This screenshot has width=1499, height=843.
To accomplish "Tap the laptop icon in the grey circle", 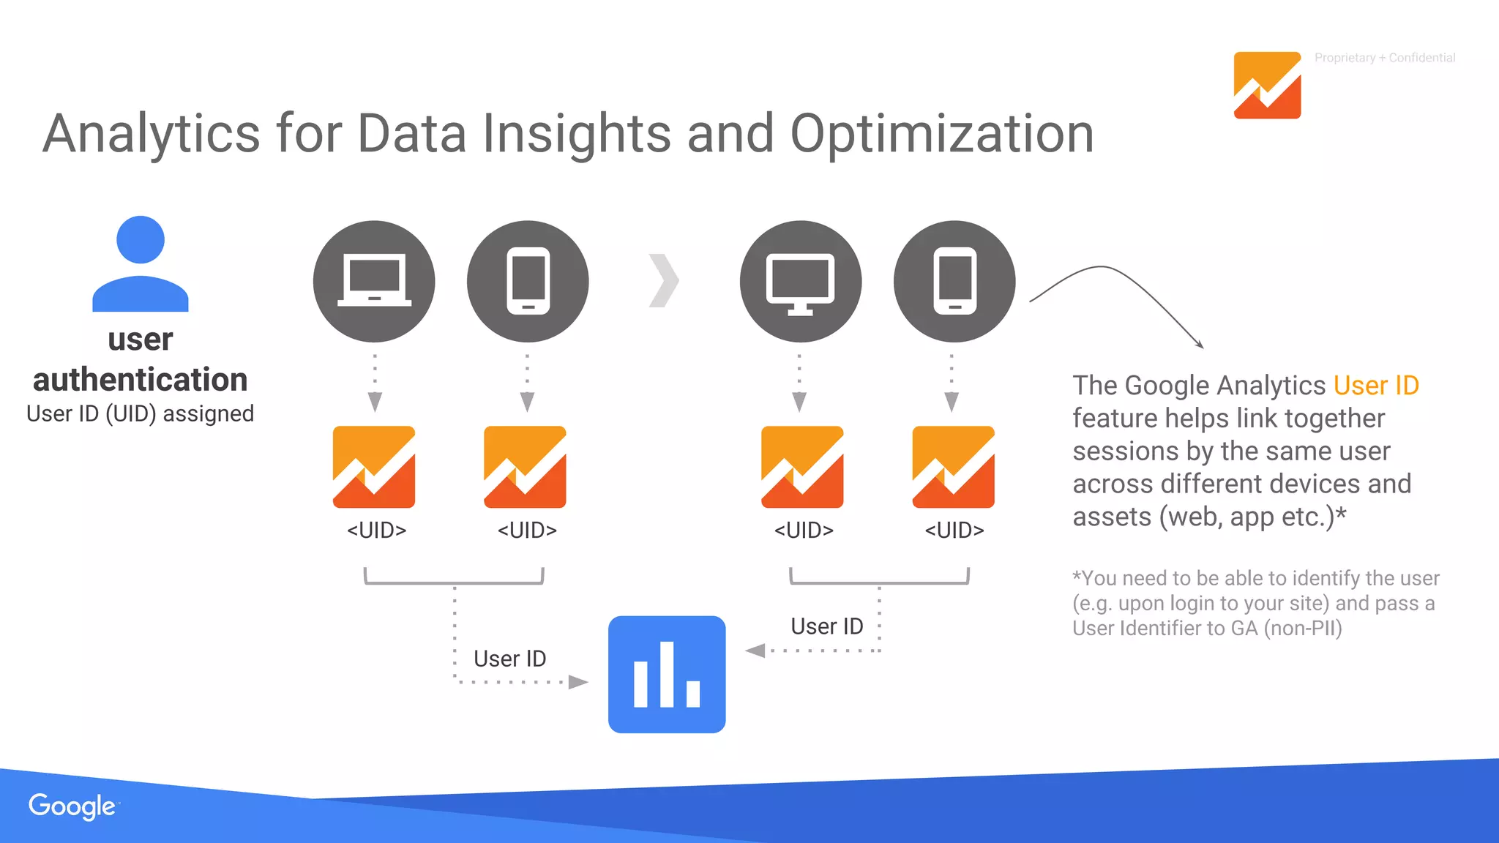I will point(374,281).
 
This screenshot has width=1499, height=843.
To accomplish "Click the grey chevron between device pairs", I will point(664,280).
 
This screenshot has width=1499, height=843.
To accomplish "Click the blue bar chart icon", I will point(667,674).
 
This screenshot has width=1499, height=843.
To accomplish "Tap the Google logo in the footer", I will point(72,806).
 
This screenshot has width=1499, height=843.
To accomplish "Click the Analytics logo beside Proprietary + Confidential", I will point(1267,85).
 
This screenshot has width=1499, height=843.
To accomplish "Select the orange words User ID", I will point(1376,385).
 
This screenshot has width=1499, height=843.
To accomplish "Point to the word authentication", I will point(140,380).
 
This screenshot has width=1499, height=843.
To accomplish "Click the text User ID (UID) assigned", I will point(140,413).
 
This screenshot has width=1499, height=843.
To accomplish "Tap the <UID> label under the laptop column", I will point(376,530).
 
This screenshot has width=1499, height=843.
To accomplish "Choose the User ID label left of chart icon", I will point(509,659).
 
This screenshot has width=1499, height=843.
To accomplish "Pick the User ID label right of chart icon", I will point(826,626).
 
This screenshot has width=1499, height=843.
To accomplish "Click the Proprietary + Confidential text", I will point(1384,58).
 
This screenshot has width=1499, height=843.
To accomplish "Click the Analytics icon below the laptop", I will point(374,467).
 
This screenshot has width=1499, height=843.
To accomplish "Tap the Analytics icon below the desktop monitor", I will point(802,467).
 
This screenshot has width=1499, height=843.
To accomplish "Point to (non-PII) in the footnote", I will point(1303,629).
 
